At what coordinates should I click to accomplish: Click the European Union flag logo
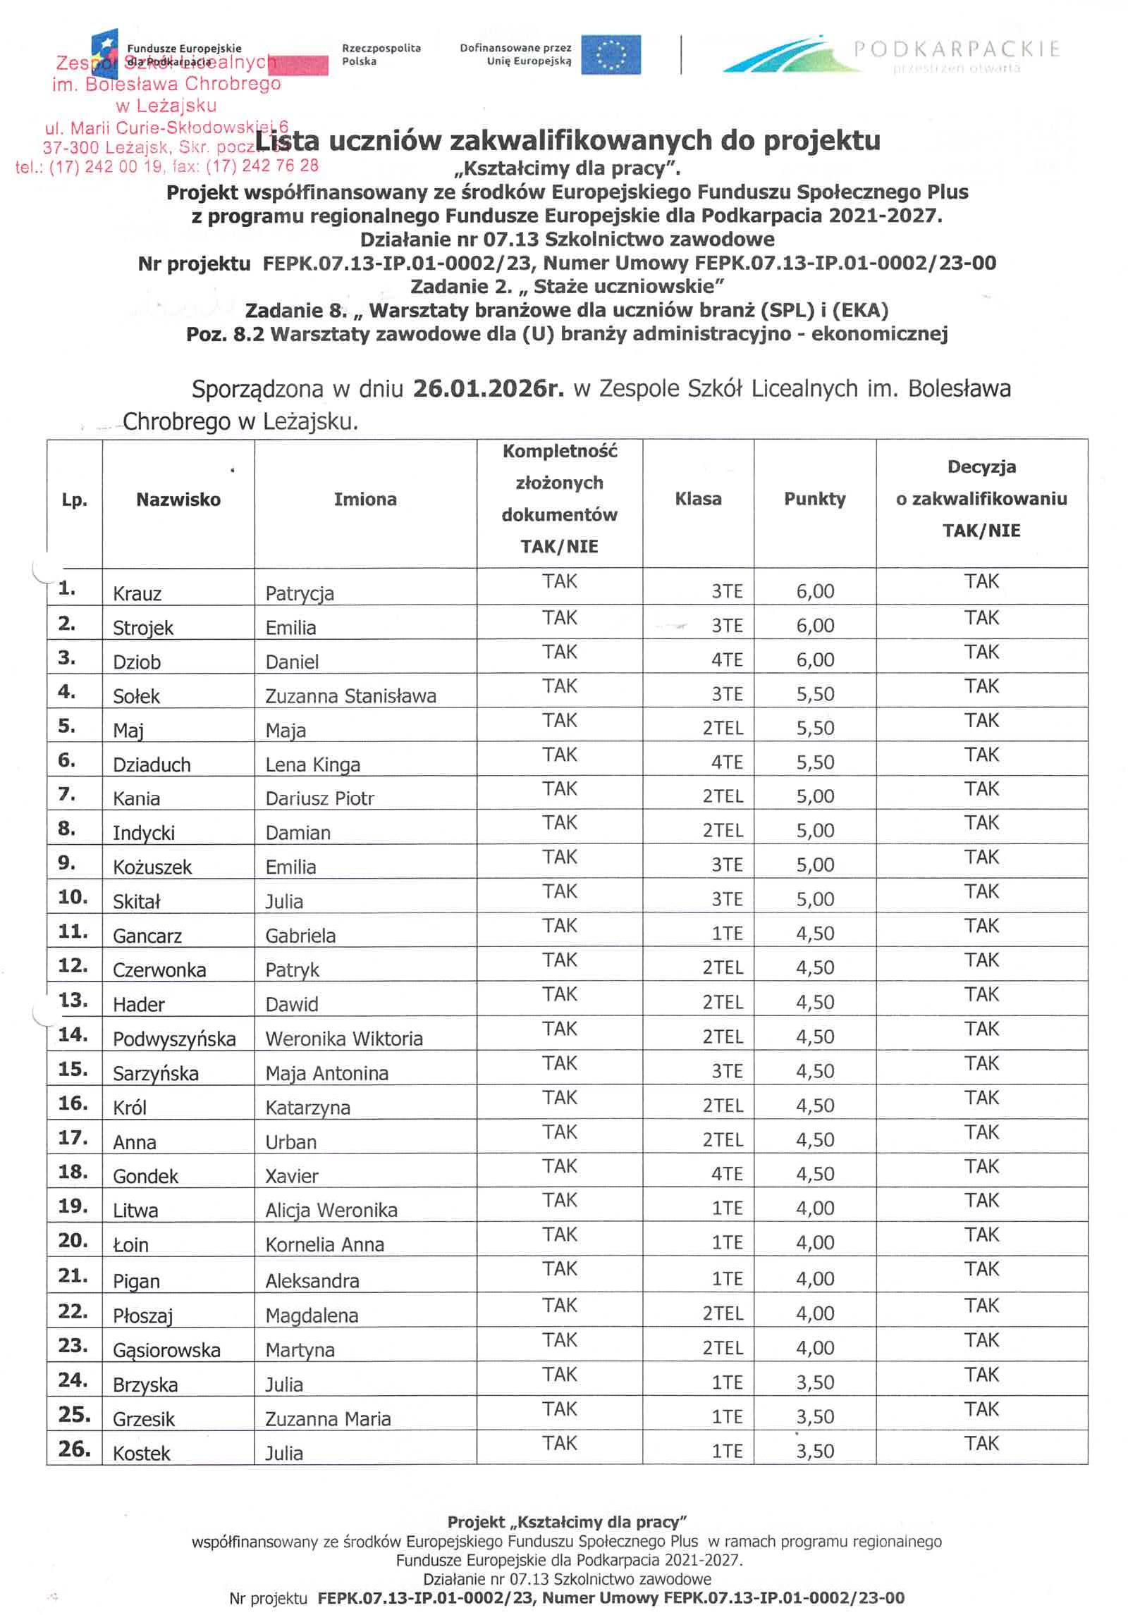pyautogui.click(x=610, y=54)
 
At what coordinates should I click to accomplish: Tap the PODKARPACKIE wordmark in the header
pyautogui.click(x=957, y=49)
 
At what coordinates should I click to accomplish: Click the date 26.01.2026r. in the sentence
pyautogui.click(x=488, y=388)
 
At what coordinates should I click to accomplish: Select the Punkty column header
pyautogui.click(x=814, y=499)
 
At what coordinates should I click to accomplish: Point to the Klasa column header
pyautogui.click(x=698, y=499)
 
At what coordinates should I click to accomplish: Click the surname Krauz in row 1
pyautogui.click(x=137, y=594)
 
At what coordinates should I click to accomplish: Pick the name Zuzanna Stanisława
pyautogui.click(x=350, y=696)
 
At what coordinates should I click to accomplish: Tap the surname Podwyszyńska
pyautogui.click(x=174, y=1039)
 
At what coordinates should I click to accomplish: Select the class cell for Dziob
pyautogui.click(x=727, y=660)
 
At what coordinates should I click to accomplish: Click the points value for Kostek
pyautogui.click(x=815, y=1451)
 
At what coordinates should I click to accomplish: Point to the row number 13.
pyautogui.click(x=73, y=1000)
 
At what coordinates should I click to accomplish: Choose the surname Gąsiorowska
pyautogui.click(x=166, y=1350)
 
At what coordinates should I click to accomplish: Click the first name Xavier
pyautogui.click(x=292, y=1176)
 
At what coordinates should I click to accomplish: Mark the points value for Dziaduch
pyautogui.click(x=815, y=762)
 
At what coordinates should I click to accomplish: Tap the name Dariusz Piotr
pyautogui.click(x=319, y=799)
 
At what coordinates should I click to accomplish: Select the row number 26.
pyautogui.click(x=74, y=1449)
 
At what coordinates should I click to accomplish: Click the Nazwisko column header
pyautogui.click(x=178, y=499)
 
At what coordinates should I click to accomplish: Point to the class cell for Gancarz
pyautogui.click(x=727, y=934)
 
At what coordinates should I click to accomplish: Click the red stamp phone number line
pyautogui.click(x=167, y=166)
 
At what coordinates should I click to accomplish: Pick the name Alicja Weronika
pyautogui.click(x=331, y=1211)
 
